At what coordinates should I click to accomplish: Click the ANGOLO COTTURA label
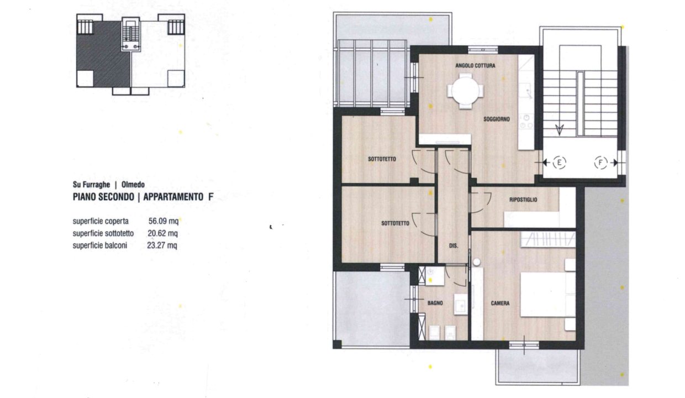(475, 66)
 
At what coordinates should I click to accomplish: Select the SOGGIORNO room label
(496, 119)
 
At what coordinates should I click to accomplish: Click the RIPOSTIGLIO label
(523, 200)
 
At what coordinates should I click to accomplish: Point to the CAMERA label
(500, 303)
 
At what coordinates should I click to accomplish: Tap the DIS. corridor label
(453, 245)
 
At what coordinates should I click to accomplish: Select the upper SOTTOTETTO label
(382, 160)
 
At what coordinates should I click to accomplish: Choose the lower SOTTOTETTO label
(395, 223)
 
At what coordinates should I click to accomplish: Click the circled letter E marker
(559, 163)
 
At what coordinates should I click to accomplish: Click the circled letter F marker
(600, 163)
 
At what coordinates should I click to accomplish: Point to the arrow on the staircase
(560, 130)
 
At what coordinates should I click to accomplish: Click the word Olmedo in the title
(133, 185)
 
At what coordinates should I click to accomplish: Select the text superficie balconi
(100, 246)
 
